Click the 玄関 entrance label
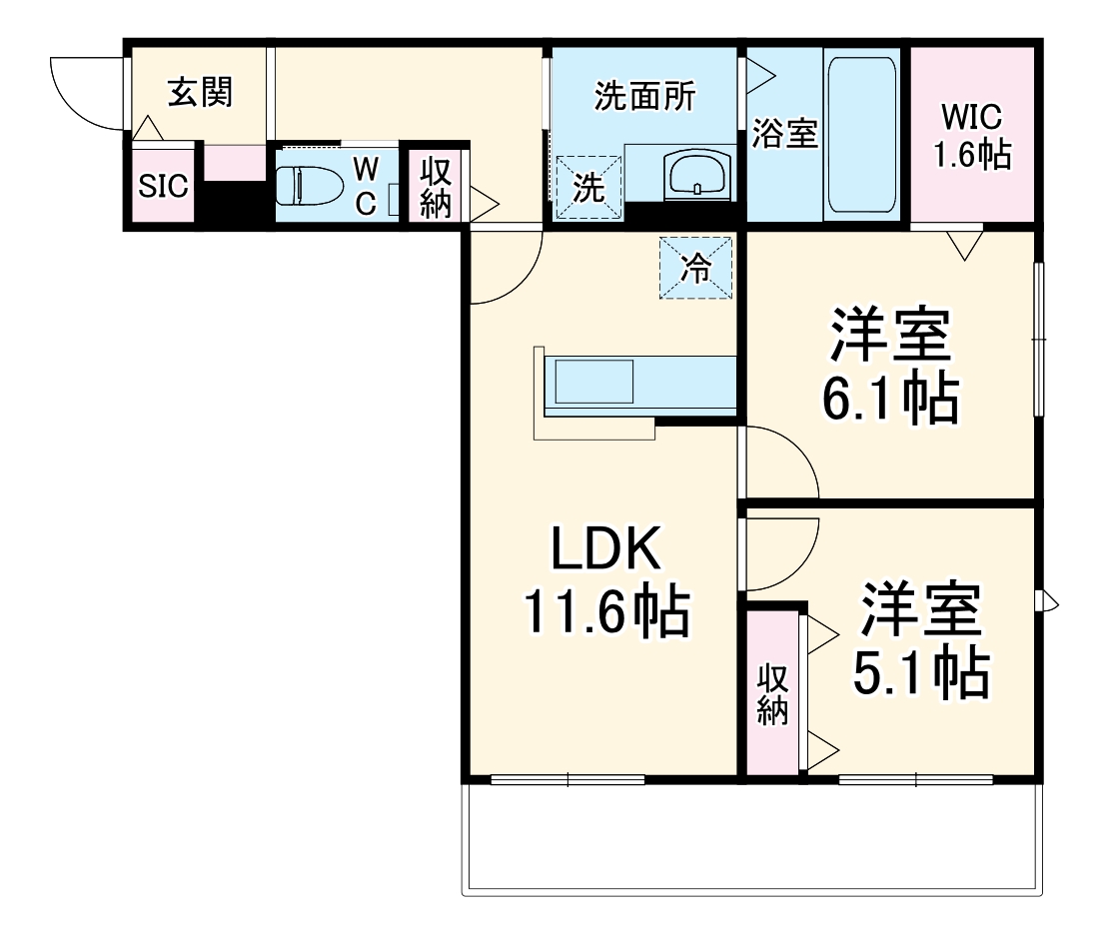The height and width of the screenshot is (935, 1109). (x=200, y=93)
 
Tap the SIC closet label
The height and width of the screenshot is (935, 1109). (x=163, y=186)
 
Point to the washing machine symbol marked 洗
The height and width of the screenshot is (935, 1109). (x=589, y=187)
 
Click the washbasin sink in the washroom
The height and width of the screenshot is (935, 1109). (x=696, y=177)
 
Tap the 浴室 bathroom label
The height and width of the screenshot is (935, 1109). (x=785, y=134)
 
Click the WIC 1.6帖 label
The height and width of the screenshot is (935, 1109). (x=971, y=136)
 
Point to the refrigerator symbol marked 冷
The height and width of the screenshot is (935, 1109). (x=695, y=267)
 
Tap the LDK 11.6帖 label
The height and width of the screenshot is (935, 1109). (x=605, y=581)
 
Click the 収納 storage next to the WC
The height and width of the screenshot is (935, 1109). (x=436, y=187)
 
